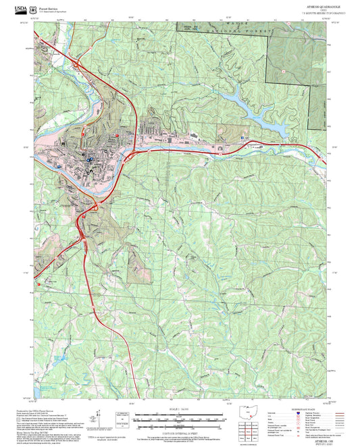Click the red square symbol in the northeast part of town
point(118,135)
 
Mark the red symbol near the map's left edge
point(39,284)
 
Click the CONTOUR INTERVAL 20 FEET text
point(180,433)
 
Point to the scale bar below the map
point(180,418)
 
